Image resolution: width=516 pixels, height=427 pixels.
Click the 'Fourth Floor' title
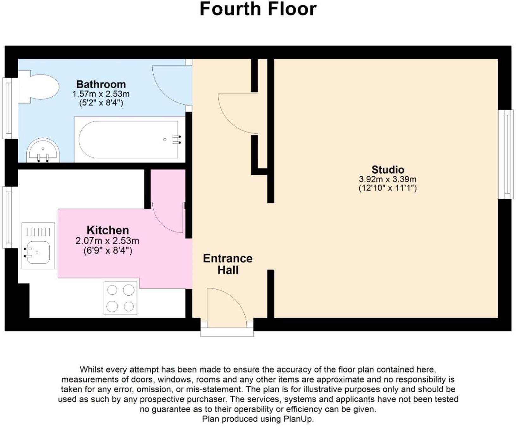tap(258, 9)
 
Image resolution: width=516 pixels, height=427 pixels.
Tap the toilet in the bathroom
tap(40, 87)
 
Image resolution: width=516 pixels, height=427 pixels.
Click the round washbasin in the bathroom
tap(43, 150)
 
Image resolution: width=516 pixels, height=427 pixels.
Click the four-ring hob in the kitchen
tap(120, 298)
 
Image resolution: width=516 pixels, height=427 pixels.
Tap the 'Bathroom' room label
tap(101, 84)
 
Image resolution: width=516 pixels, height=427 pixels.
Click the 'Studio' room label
tap(388, 170)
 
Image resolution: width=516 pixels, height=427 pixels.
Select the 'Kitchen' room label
tap(107, 230)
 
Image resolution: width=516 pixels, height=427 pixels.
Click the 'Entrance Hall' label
tap(228, 264)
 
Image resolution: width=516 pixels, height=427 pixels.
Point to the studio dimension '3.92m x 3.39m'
tap(388, 179)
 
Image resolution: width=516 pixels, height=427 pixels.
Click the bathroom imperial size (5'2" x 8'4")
tap(101, 103)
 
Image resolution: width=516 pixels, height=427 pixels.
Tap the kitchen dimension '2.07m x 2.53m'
tap(107, 241)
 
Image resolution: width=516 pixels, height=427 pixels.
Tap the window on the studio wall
tap(506, 154)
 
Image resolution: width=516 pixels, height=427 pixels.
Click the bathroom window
tap(9, 108)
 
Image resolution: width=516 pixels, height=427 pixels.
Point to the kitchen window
tap(9, 217)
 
